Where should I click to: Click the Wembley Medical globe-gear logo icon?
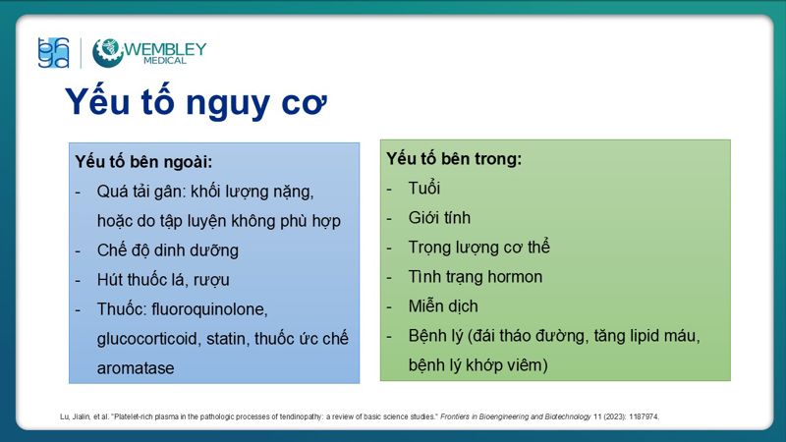coord(107,52)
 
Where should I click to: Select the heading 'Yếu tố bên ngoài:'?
coord(143,160)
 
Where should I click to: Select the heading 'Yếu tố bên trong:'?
coord(454,158)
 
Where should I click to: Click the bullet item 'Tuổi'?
coord(424,188)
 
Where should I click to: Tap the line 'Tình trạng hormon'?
coord(476,277)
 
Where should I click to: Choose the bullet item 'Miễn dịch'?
coord(443,306)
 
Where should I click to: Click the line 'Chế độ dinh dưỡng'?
coord(168,249)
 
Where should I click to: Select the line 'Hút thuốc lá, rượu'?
coord(163,279)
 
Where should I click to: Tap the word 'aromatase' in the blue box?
coord(135,368)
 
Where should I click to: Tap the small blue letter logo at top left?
coord(53,52)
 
